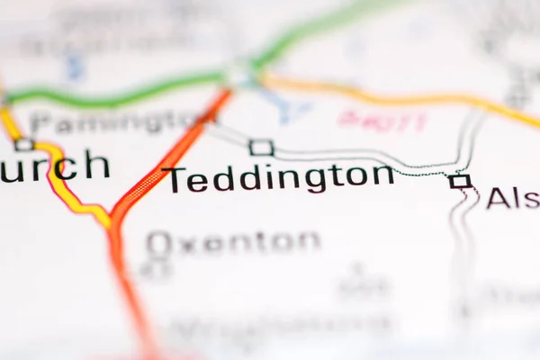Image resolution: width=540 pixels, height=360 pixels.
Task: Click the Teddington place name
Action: click(280, 177)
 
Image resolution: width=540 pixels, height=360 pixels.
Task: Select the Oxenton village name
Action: click(233, 241)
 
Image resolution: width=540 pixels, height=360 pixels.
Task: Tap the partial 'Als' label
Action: click(514, 197)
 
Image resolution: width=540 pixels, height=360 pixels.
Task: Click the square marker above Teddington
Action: click(261, 147)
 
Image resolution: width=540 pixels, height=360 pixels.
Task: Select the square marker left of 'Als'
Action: click(460, 181)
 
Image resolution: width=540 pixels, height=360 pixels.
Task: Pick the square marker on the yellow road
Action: click(23, 143)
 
